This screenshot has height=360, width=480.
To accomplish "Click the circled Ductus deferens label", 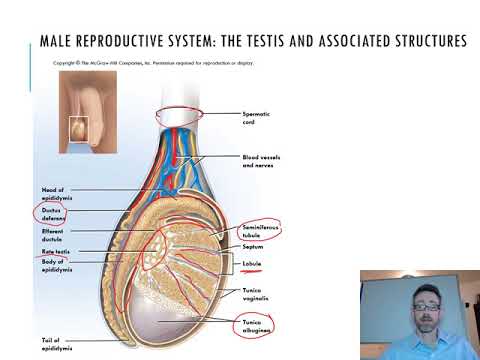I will coord(52,215).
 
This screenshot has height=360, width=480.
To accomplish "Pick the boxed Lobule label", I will coord(253,266).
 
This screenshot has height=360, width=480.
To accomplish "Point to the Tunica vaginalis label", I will coord(257,293).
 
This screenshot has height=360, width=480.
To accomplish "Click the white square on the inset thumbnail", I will coord(77,129).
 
